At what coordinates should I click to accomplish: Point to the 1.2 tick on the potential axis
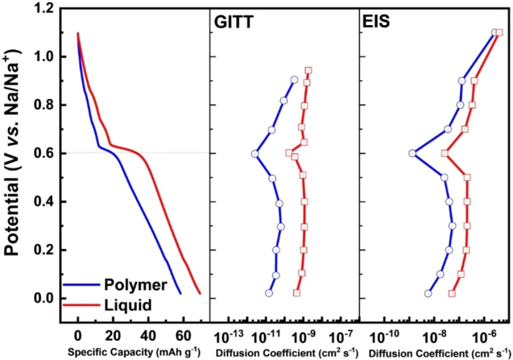(x=44, y=9)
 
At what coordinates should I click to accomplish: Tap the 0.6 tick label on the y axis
(x=44, y=154)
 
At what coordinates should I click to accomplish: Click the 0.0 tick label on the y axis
(x=44, y=299)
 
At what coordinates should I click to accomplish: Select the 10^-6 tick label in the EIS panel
(x=486, y=334)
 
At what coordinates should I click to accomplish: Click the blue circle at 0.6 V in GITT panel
(x=255, y=154)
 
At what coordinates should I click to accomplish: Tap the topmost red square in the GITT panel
(x=308, y=70)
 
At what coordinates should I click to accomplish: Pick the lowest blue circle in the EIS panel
(x=428, y=293)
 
